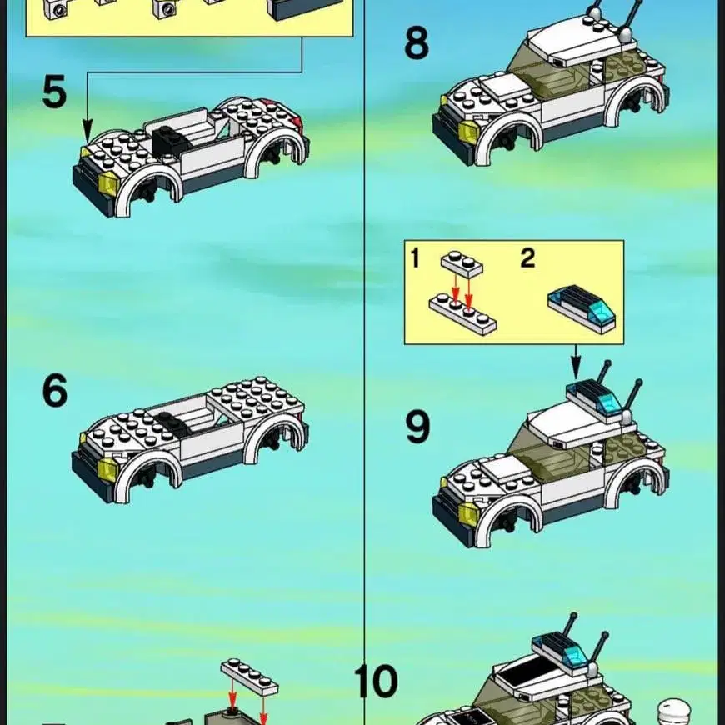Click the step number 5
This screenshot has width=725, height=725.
(x=54, y=92)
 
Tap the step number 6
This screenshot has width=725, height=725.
(x=55, y=391)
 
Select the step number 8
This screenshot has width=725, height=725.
(x=417, y=43)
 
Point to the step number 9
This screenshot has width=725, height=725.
(x=417, y=427)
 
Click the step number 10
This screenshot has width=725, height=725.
(x=376, y=682)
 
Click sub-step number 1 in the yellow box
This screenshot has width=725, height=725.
(x=415, y=258)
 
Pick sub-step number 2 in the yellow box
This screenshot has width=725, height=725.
(x=527, y=258)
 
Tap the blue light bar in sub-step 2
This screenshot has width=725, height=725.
(x=582, y=308)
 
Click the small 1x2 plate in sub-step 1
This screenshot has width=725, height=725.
(x=462, y=264)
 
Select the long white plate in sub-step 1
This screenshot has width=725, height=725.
(x=462, y=313)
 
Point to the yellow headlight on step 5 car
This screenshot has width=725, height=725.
(x=109, y=182)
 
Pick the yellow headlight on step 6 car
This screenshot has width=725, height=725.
(x=108, y=469)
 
